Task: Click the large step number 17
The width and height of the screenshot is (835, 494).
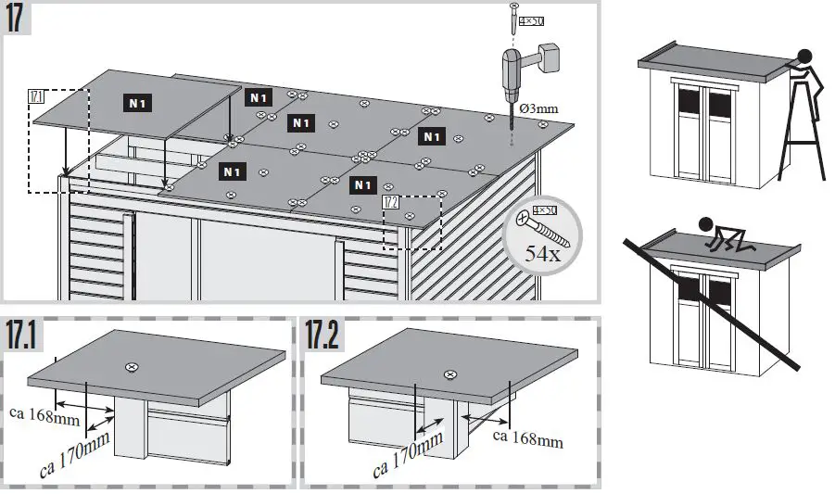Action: coord(20,19)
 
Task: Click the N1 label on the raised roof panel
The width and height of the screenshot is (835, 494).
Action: coord(138,104)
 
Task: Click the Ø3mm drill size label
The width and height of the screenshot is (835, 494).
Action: coord(538,108)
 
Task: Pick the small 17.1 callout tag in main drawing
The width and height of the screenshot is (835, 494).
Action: coord(37,95)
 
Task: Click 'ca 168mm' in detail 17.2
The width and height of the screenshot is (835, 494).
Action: coord(528,438)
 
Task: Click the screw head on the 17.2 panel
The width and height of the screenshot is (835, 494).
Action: coord(450,374)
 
